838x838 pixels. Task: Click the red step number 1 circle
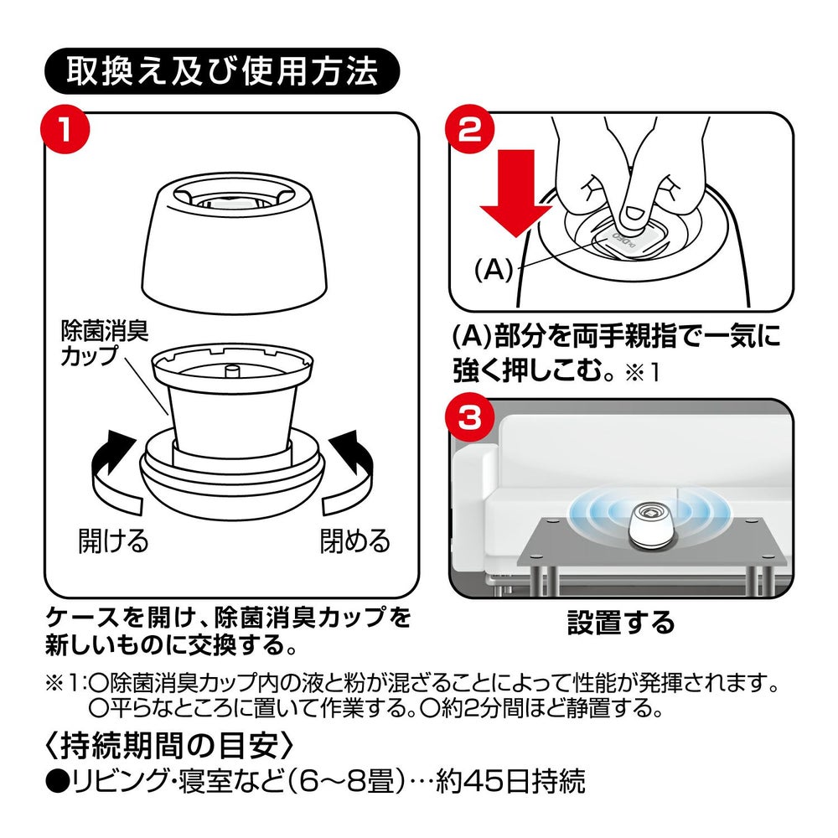[x=65, y=131]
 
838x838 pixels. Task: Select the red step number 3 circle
[x=470, y=416]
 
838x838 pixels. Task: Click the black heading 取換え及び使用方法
[x=222, y=71]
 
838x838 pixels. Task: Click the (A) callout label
[x=493, y=270]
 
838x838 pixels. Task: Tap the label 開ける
[x=113, y=541]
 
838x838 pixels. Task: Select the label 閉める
[x=354, y=541]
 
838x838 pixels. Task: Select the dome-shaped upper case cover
[x=235, y=243]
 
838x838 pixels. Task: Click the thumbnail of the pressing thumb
[x=635, y=215]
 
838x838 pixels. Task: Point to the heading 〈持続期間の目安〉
[x=169, y=747]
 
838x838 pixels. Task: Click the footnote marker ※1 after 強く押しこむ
[x=642, y=373]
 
